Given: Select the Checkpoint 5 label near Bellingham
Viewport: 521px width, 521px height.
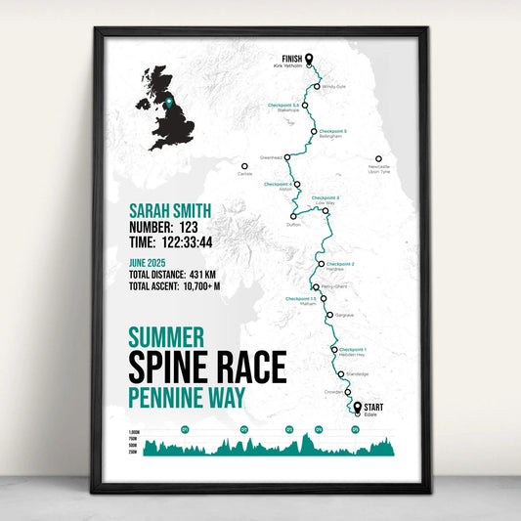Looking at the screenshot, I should [x=332, y=131].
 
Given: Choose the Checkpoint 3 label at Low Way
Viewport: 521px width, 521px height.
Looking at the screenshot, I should [x=326, y=197].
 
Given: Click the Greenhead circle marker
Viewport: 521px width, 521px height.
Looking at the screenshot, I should [x=286, y=155].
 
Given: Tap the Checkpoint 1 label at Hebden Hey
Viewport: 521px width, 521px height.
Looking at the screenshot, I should [x=352, y=349].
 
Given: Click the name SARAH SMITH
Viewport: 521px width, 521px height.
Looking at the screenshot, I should [x=170, y=211].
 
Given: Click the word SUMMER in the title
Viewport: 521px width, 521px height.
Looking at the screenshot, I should [x=166, y=338].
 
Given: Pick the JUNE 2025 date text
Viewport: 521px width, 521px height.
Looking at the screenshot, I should [x=152, y=262].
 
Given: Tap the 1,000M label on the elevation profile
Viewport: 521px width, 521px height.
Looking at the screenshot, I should [x=134, y=432].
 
